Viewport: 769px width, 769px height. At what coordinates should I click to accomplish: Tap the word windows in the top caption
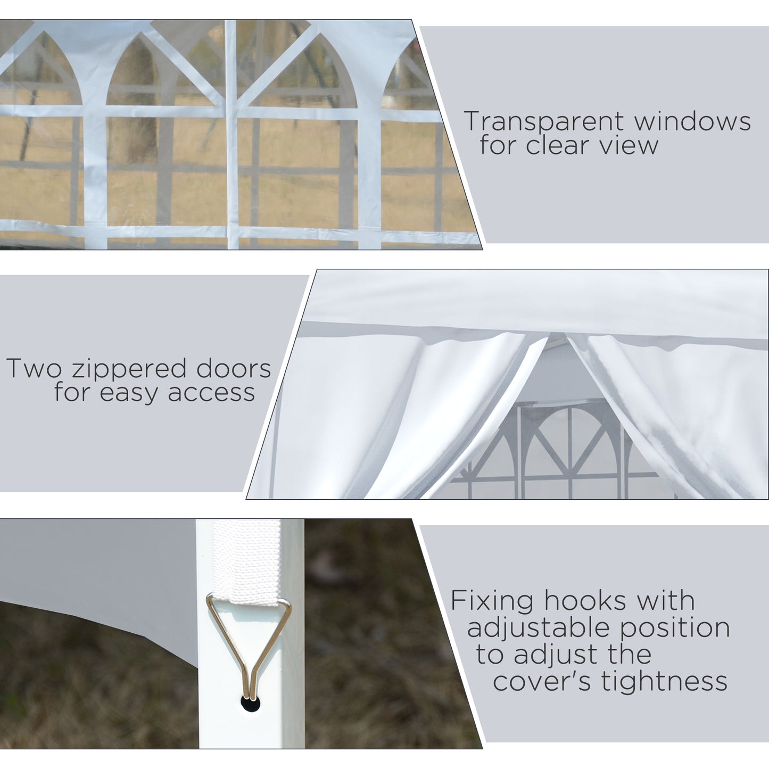pos(692,121)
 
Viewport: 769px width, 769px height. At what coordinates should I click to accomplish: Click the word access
pos(211,393)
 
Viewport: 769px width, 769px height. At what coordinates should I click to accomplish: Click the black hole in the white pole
pos(250,704)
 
